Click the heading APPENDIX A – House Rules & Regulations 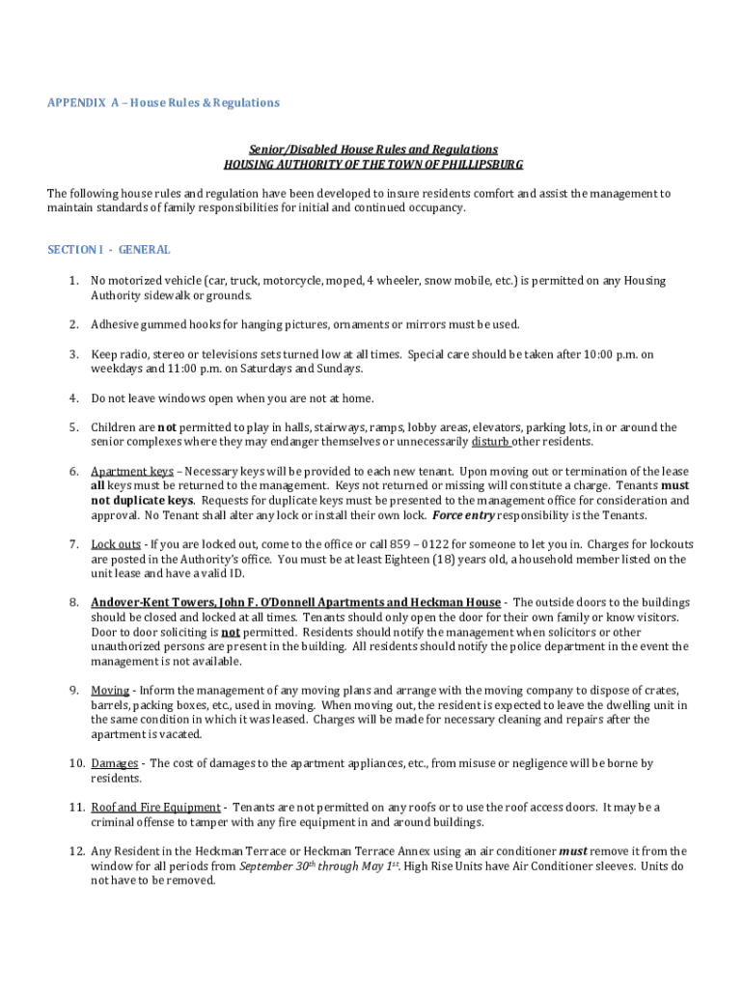(x=163, y=102)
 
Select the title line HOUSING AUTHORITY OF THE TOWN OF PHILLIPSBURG (x=373, y=164)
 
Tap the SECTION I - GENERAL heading (x=109, y=250)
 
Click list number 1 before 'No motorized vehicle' (x=72, y=281)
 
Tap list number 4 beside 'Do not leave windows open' (x=72, y=398)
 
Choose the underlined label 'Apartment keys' (x=132, y=472)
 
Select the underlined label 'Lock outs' (x=116, y=544)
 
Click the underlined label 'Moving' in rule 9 (x=110, y=690)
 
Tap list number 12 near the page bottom (x=75, y=851)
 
